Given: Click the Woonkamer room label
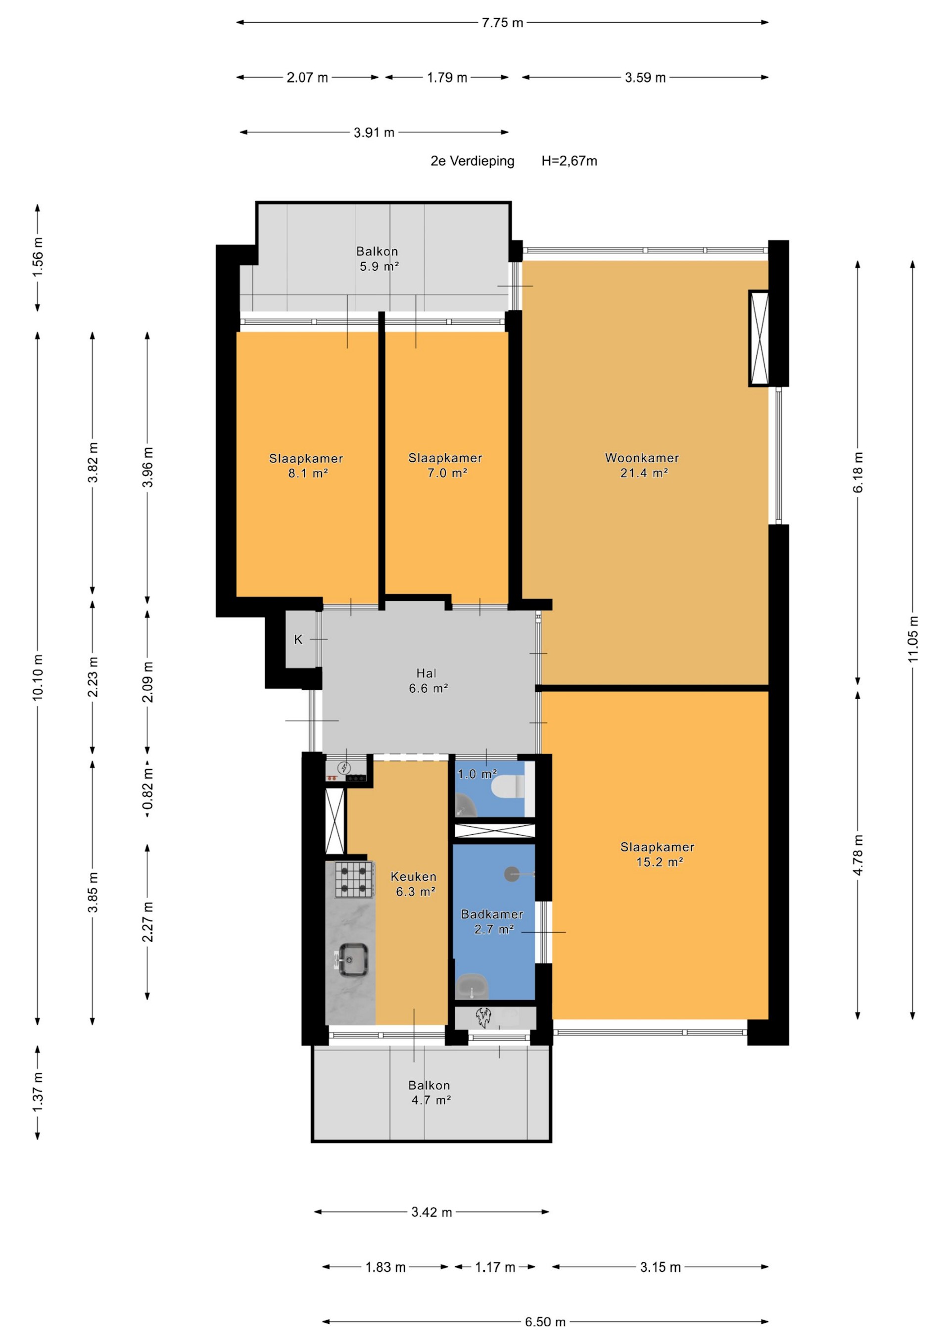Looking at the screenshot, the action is [642, 458].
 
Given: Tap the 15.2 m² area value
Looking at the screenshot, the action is [660, 862].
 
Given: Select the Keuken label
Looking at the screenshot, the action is [413, 876].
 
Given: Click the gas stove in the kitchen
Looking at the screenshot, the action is [355, 880].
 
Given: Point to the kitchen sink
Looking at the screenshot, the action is [353, 960].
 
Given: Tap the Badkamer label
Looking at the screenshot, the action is [492, 914].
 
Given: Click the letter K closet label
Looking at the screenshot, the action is [298, 639].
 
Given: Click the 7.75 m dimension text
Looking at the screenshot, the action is [502, 23].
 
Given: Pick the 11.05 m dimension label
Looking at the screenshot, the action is [913, 639].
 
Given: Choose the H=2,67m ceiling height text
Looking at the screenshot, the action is [569, 161].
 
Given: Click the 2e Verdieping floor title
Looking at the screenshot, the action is [473, 161].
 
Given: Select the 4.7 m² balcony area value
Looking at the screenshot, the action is [431, 1100].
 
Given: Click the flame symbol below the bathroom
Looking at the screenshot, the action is [483, 1018].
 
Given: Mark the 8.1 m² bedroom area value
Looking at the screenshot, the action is [307, 473].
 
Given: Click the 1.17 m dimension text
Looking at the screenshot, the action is [495, 1267].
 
